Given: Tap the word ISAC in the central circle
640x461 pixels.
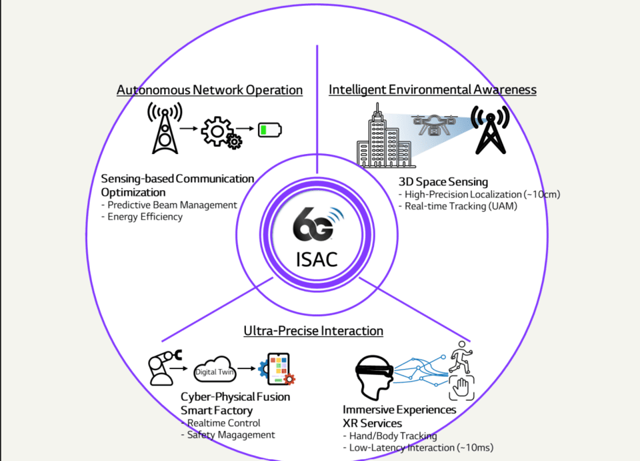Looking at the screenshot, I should (317, 258).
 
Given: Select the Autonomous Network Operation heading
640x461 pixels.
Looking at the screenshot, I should (209, 89).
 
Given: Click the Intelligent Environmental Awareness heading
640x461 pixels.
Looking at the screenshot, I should (433, 89).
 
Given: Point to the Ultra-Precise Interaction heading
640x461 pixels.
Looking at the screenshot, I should (313, 331).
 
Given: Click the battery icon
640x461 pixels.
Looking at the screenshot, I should (270, 129).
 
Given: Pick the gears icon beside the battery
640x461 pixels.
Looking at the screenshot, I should (222, 132).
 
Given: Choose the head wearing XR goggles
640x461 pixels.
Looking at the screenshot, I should (373, 376).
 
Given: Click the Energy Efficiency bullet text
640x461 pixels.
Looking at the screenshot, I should (145, 217).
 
